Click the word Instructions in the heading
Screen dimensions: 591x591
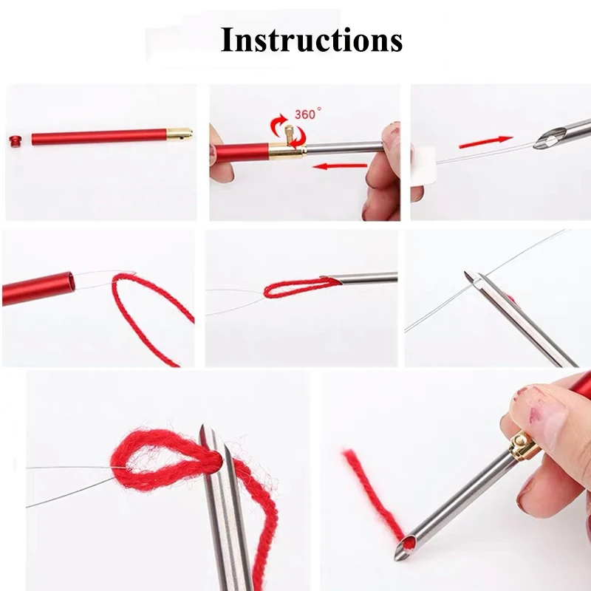[311, 40]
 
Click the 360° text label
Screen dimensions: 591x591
[307, 114]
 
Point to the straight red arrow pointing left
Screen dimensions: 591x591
[340, 165]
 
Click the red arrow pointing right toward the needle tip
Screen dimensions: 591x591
[486, 142]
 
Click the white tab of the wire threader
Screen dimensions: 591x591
[424, 165]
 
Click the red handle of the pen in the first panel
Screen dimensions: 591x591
[99, 137]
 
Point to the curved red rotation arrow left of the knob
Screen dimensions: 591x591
[276, 123]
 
